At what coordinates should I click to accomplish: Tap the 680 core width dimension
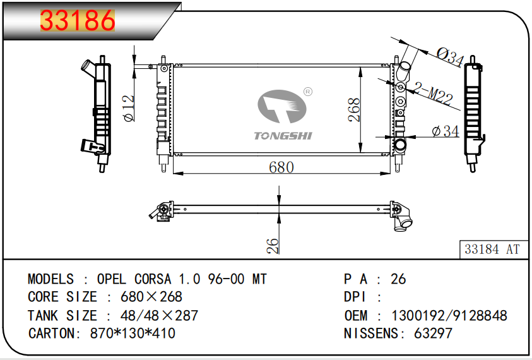point(281,167)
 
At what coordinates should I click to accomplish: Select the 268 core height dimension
point(354,109)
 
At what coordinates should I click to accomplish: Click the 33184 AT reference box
point(492,249)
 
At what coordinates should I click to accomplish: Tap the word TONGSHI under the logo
point(283,136)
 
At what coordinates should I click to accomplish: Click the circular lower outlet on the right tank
point(400,147)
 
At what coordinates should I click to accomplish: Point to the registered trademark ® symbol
point(308,92)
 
